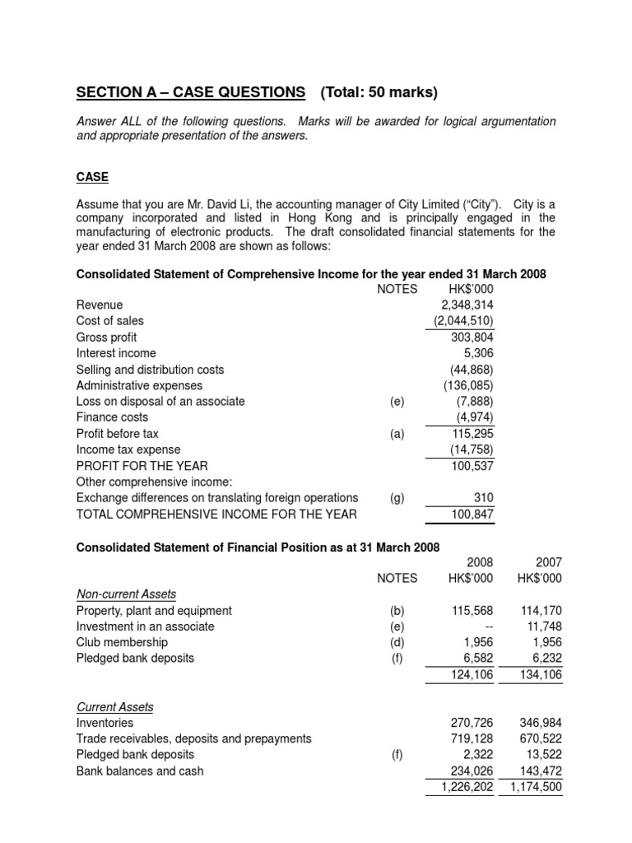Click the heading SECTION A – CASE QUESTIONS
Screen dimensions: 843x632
(190, 91)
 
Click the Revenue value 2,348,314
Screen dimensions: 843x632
(467, 305)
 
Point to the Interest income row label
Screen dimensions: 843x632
(116, 353)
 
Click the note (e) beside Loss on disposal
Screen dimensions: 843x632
(397, 402)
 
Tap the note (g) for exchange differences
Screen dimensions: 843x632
(397, 497)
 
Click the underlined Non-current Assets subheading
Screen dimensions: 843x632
(126, 594)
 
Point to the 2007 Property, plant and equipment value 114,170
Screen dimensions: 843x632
(541, 611)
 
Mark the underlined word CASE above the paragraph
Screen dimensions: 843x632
(92, 178)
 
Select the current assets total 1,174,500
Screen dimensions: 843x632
(535, 787)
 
